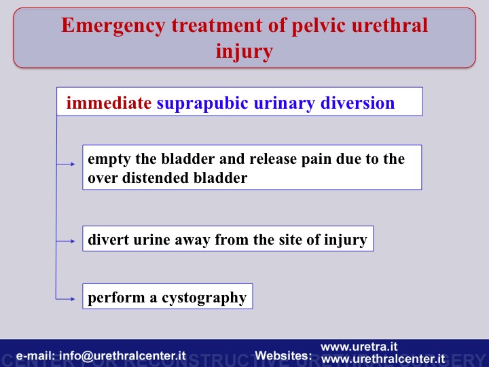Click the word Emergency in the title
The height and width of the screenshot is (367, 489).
tap(113, 26)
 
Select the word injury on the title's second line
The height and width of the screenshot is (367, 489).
tap(244, 52)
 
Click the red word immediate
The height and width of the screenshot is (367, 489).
tap(109, 103)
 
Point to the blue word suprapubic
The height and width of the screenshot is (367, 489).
tap(202, 103)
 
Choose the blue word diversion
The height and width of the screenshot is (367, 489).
tap(357, 103)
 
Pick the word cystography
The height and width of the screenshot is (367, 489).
tap(204, 298)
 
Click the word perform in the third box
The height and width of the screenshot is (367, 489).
tap(116, 298)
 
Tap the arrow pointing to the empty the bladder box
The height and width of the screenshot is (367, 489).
tap(65, 164)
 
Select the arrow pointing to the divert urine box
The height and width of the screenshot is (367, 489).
tap(65, 241)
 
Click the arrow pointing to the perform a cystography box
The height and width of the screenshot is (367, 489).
tap(65, 299)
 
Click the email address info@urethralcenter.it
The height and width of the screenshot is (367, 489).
tap(122, 355)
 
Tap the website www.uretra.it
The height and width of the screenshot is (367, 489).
tap(359, 347)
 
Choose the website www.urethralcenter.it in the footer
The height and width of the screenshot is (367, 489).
tap(382, 359)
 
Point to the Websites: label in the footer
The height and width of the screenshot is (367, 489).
tap(283, 355)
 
